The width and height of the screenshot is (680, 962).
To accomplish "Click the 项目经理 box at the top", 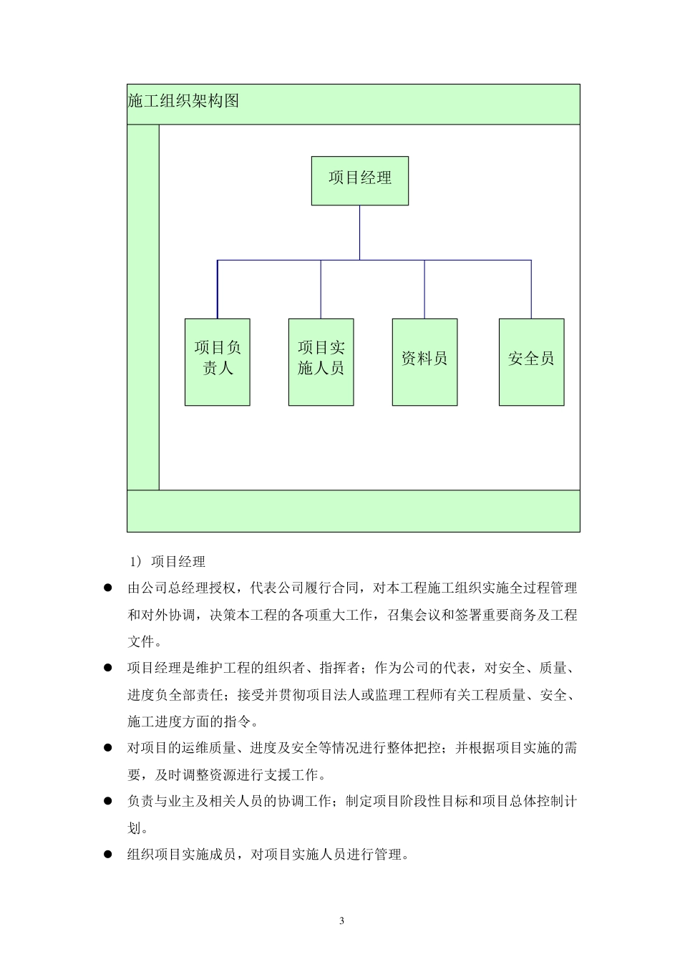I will (x=360, y=181).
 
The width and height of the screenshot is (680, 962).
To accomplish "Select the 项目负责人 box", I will (x=218, y=361).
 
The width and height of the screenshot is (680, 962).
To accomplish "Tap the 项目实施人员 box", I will (x=321, y=361).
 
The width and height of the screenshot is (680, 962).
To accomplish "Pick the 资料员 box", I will (x=424, y=361).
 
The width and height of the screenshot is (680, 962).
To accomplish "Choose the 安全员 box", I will (x=531, y=361).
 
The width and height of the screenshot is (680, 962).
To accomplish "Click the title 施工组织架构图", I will (x=183, y=102).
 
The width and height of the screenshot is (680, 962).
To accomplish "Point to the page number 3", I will (x=341, y=920).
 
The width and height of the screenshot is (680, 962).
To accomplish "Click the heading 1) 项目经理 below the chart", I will (x=168, y=562).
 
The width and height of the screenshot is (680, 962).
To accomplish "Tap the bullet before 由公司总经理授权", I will (x=109, y=588).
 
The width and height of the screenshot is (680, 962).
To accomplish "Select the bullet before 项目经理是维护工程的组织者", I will (x=109, y=669).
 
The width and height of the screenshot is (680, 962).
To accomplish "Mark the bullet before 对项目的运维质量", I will (x=109, y=749).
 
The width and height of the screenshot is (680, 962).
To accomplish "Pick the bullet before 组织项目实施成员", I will (x=109, y=855).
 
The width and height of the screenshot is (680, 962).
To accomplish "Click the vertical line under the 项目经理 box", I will (x=360, y=232).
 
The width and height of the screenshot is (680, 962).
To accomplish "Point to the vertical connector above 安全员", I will (x=531, y=289).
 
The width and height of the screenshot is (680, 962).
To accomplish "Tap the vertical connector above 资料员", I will (x=424, y=289).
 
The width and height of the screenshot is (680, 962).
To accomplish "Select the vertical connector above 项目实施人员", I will (x=321, y=289).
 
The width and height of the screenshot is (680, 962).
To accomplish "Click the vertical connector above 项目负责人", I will (x=218, y=289).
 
